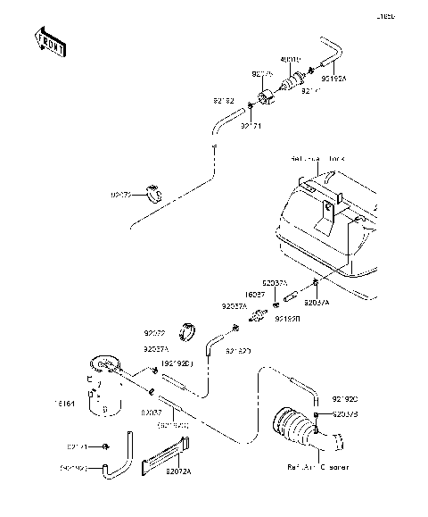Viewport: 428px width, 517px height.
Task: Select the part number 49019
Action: coord(291,62)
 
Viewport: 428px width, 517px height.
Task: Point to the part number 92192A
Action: coord(336,77)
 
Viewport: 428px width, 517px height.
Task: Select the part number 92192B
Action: coord(287,318)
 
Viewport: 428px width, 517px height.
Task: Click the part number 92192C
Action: coord(343,398)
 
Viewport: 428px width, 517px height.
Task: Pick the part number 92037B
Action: coord(344,414)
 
